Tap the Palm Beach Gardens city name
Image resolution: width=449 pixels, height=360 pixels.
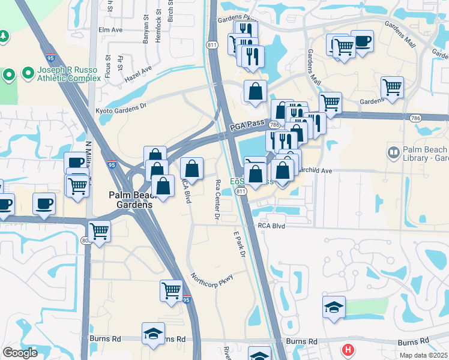click(130, 199)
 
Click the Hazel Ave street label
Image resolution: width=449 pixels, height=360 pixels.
click(138, 75)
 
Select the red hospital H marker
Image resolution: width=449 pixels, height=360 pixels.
click(348, 349)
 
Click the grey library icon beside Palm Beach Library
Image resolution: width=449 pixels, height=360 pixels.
click(394, 153)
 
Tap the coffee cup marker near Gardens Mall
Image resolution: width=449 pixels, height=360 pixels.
click(363, 41)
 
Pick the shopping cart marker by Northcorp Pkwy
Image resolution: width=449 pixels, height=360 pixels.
click(171, 290)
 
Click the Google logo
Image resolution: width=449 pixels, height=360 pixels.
click(20, 353)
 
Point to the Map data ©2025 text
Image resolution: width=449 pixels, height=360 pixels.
click(423, 355)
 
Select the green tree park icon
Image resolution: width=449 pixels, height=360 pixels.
click(4, 37)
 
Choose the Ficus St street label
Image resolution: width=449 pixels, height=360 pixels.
click(109, 62)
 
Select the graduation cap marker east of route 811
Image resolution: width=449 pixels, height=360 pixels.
click(334, 307)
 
